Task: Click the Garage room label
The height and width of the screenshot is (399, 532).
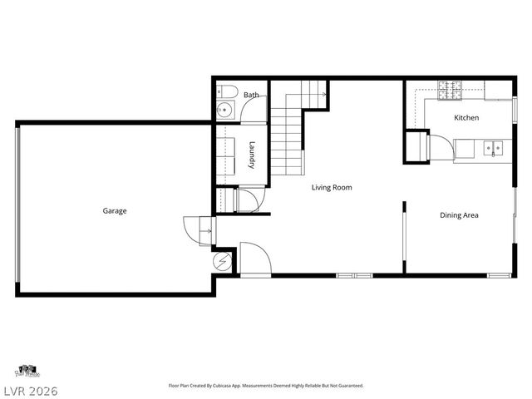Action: click(115, 211)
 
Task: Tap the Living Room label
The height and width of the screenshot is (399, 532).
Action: click(332, 188)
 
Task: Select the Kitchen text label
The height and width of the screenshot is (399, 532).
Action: click(465, 118)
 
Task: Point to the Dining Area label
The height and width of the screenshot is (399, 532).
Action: click(459, 215)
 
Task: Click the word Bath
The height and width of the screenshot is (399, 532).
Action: click(250, 96)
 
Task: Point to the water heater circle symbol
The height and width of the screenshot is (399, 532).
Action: click(223, 262)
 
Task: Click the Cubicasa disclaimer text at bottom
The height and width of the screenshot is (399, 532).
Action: click(266, 386)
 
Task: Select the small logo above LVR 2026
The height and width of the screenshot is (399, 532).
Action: click(27, 370)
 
